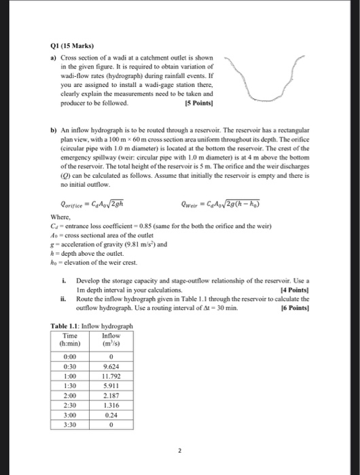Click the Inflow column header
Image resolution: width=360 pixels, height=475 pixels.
point(110,339)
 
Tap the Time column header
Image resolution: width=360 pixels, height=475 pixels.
point(69,339)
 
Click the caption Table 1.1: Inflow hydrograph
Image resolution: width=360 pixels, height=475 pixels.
point(91,326)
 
